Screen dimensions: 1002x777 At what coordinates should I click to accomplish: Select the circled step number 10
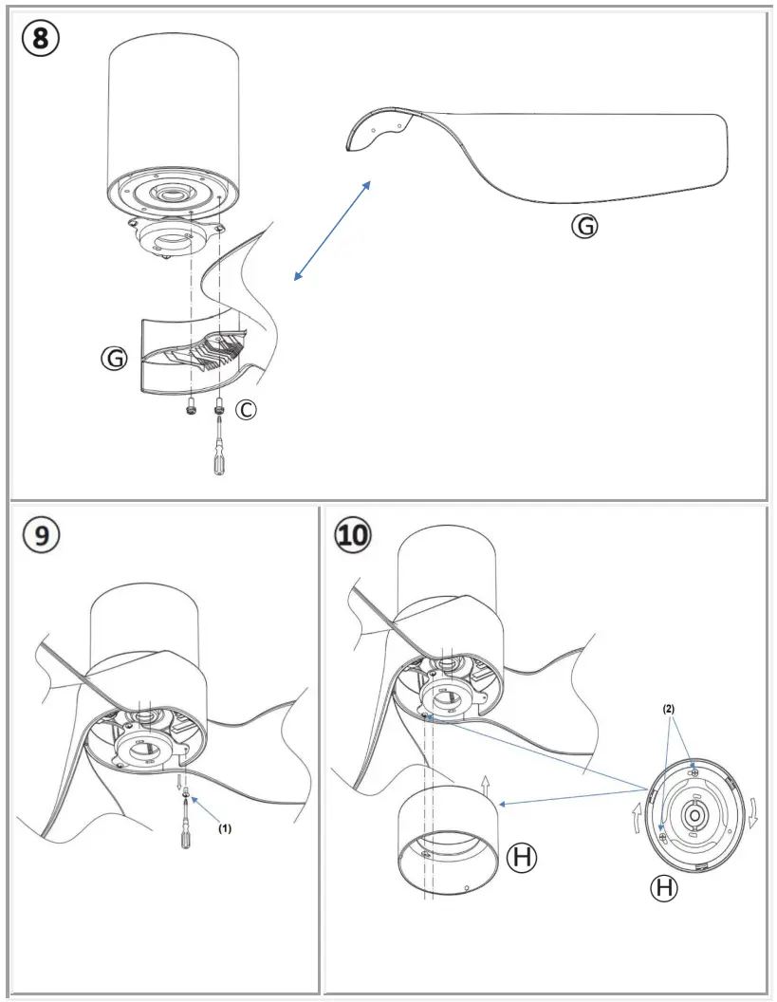point(352,535)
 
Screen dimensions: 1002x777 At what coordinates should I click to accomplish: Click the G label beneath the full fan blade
point(587,226)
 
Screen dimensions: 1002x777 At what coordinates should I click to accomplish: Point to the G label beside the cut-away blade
point(115,358)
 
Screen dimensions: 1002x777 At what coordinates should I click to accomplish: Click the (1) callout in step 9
point(224,827)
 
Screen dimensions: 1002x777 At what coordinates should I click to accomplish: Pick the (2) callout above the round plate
point(668,709)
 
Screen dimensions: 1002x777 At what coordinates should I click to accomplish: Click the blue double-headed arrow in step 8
point(332,230)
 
